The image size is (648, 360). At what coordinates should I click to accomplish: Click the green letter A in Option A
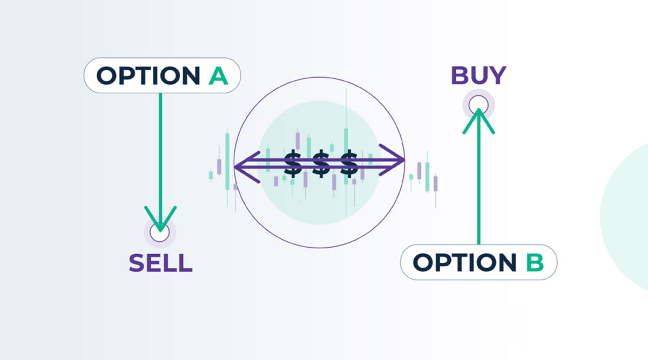[x=218, y=76]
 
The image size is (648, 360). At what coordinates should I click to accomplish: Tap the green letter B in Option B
[x=535, y=262]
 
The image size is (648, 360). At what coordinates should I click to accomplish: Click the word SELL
[x=160, y=263]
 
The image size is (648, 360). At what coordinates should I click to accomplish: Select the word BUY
[x=478, y=76]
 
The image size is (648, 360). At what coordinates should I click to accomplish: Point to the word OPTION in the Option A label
[x=148, y=76]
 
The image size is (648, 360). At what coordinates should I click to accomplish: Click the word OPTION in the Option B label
[x=464, y=262]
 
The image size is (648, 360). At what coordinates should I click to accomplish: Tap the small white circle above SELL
[x=160, y=232]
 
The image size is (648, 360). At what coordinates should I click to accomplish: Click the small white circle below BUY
[x=478, y=105]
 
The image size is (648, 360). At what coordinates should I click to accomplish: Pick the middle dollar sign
[x=321, y=164]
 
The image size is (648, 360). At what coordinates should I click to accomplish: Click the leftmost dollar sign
[x=293, y=164]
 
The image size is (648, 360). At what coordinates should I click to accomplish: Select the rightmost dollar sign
[x=349, y=164]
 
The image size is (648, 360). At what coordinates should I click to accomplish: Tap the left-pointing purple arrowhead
[x=246, y=167]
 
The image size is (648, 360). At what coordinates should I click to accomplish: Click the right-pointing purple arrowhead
[x=391, y=160]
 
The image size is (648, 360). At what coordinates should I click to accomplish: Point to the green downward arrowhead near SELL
[x=160, y=219]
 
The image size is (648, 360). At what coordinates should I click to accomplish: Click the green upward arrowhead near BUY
[x=479, y=121]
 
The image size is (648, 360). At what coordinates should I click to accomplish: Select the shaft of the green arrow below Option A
[x=160, y=162]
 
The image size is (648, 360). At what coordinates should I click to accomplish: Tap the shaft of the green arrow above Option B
[x=479, y=177]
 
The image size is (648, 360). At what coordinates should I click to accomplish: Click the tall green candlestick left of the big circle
[x=227, y=161]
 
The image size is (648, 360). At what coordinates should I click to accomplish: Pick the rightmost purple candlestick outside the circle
[x=435, y=184]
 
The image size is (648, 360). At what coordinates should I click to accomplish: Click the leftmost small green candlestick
[x=211, y=175]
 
